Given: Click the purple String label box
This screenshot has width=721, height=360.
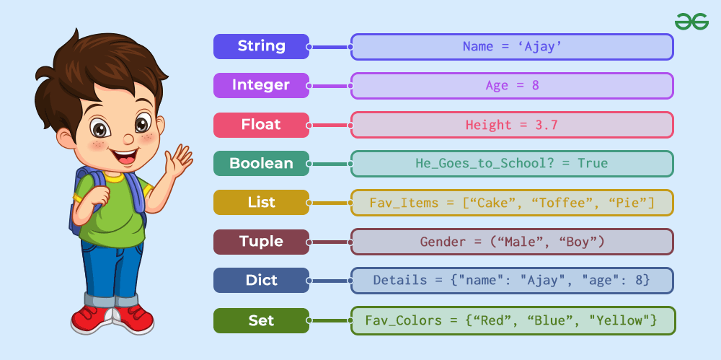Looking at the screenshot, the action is (x=261, y=46).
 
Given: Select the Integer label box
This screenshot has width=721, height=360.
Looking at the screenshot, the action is (x=261, y=86).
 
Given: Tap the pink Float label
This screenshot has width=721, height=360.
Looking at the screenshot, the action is (x=261, y=125).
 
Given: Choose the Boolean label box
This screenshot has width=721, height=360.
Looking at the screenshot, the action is (x=261, y=164).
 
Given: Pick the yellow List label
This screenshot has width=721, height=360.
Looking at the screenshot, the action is (x=261, y=203).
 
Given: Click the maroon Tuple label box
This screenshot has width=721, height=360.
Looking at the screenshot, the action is (x=261, y=242).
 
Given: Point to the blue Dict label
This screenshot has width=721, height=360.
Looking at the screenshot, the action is (x=261, y=281).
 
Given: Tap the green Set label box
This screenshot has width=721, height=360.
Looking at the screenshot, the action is (x=261, y=320).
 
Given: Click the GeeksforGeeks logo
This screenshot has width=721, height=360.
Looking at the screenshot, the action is (x=691, y=22).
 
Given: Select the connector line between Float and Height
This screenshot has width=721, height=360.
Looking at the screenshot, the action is (x=329, y=125).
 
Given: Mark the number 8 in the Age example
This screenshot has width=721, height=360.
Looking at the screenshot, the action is (x=535, y=85).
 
